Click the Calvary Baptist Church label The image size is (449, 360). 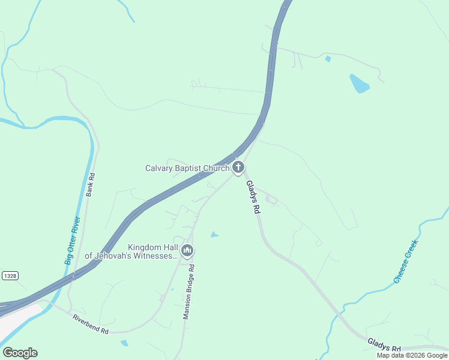(x=187, y=168)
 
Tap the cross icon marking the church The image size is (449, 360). (x=238, y=168)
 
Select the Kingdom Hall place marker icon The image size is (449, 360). (x=187, y=251)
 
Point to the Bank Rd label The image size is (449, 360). (x=91, y=185)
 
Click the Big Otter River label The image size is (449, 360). (x=72, y=242)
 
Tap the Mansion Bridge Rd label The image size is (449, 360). (x=188, y=292)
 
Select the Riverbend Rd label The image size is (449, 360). (x=90, y=324)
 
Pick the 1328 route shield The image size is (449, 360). (x=9, y=275)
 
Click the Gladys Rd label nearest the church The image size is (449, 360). (x=253, y=199)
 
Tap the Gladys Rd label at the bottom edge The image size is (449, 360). (x=384, y=344)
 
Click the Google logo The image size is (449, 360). (x=20, y=353)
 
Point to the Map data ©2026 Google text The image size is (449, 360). (x=412, y=355)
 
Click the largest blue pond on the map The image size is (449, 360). (x=359, y=83)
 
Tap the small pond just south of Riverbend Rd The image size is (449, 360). (x=124, y=343)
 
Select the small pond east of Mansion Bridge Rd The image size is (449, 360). (x=214, y=235)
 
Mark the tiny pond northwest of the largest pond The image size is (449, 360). (x=328, y=59)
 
